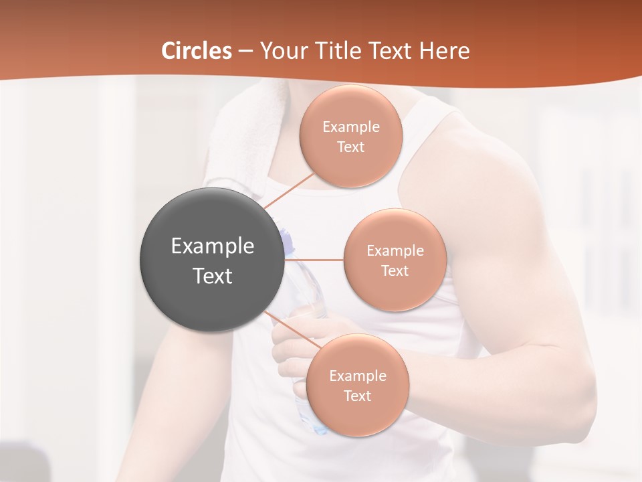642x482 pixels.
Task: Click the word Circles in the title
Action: (197, 51)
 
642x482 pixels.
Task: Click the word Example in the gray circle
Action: (213, 246)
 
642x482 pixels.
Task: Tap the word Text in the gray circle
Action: (213, 276)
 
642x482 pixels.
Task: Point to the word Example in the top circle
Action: (351, 127)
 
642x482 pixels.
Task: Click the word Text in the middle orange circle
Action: (395, 271)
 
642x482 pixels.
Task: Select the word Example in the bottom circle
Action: (358, 376)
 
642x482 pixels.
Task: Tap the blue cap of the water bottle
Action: (286, 240)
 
